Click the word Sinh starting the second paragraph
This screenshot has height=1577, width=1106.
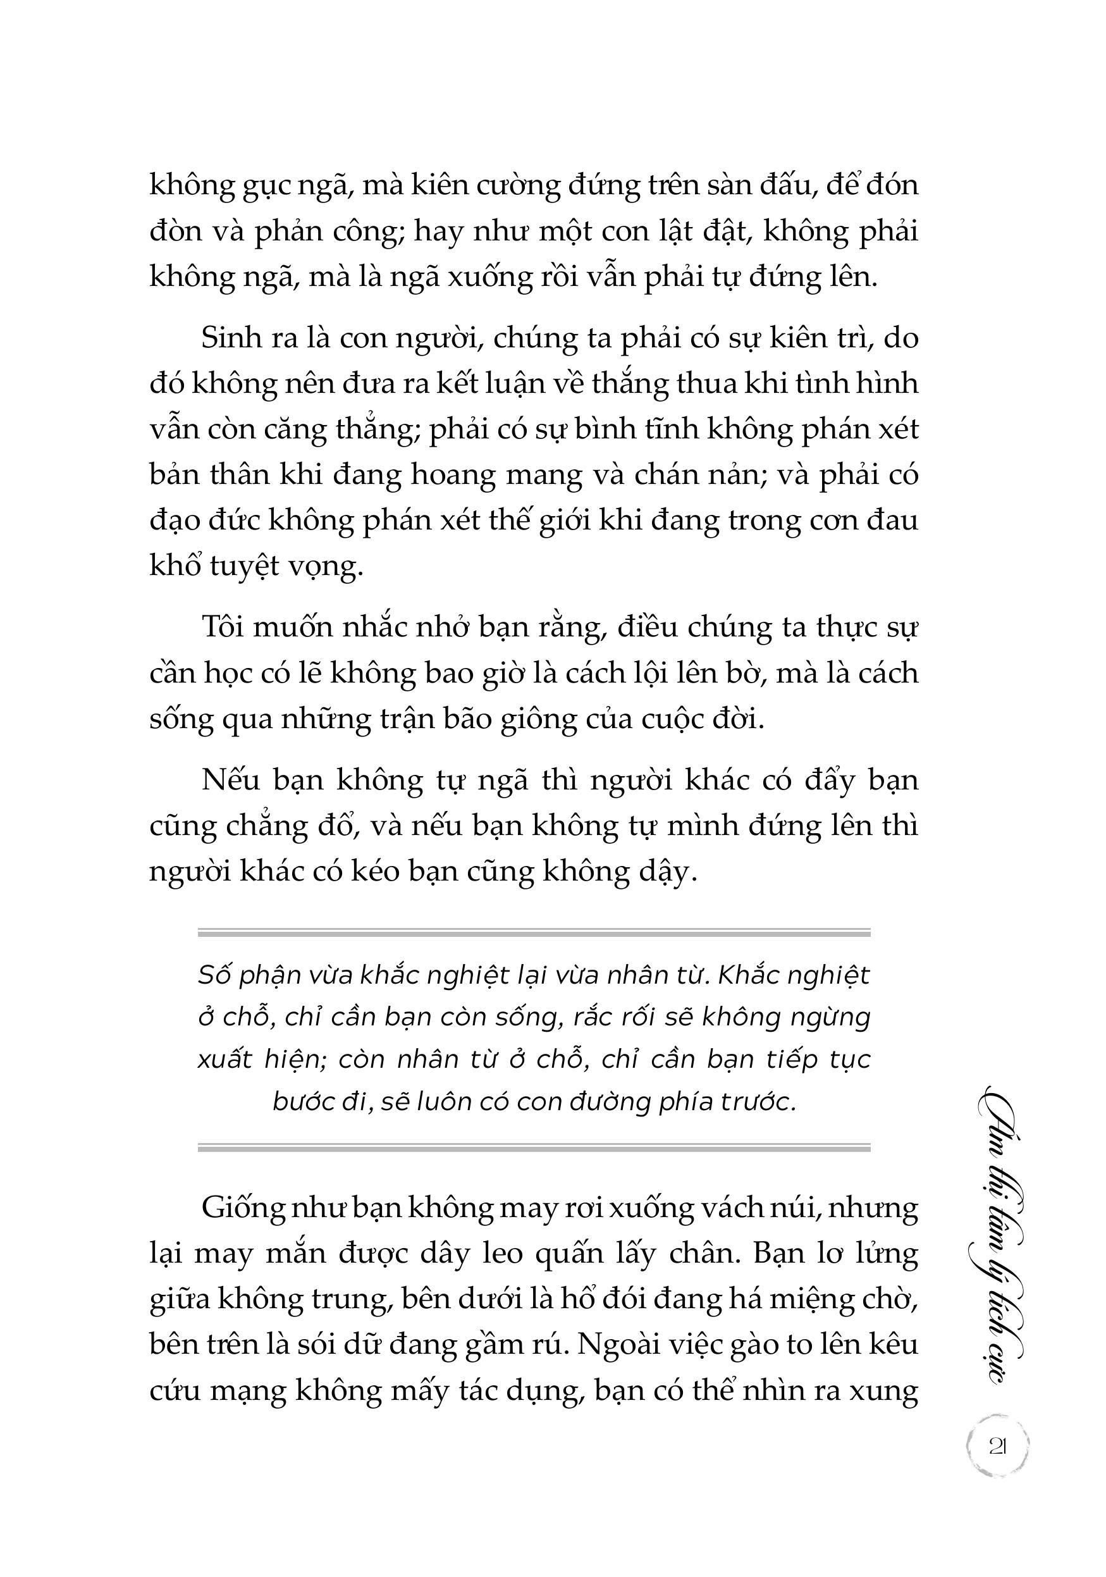click(230, 338)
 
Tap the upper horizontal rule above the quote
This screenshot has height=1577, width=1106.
click(534, 933)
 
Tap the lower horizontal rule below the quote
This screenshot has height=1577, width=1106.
click(534, 1147)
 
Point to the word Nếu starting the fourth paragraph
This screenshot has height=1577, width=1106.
click(228, 780)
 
